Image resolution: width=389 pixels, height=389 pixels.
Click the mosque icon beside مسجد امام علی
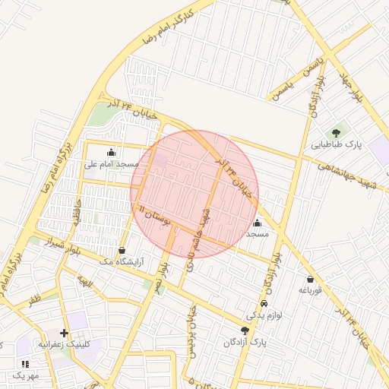tap(112, 151)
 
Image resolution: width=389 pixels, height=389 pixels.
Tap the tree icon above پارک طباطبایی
tap(336, 133)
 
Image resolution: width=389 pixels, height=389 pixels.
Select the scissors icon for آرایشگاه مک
tap(122, 250)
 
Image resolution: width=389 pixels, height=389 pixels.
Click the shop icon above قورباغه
tap(310, 279)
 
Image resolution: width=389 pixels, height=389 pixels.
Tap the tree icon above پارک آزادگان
tap(245, 330)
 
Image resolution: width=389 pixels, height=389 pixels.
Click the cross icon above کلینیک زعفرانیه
tap(64, 333)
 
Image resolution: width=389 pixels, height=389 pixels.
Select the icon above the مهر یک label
tap(25, 365)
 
